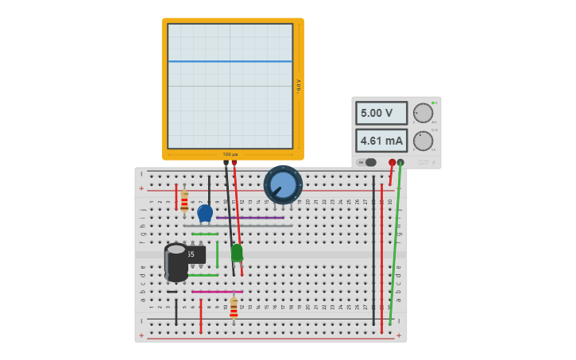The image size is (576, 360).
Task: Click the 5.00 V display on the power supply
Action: point(381,113)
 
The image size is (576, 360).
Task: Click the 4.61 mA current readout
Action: point(381,141)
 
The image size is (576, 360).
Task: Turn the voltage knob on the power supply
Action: point(423,113)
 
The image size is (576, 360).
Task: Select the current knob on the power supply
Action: point(423,141)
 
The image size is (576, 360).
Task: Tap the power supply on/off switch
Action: point(368,162)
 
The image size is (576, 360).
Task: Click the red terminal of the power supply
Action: point(392,162)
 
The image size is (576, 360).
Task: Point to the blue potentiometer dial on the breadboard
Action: point(283,184)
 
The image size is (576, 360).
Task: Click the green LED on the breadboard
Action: point(237,252)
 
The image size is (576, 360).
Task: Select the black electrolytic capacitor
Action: point(176,262)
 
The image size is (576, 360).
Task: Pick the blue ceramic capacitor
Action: point(205,213)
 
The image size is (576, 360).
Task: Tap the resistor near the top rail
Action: point(184,201)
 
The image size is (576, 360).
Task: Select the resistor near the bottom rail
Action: point(234,308)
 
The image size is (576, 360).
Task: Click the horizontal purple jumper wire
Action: point(250,218)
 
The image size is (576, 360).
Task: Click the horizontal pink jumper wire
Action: point(216,292)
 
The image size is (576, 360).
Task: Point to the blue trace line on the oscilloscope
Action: point(230,61)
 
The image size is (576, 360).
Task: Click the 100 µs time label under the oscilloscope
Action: point(230,154)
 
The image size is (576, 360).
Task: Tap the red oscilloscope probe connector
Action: point(234,163)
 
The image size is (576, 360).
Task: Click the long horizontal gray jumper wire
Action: point(238,226)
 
